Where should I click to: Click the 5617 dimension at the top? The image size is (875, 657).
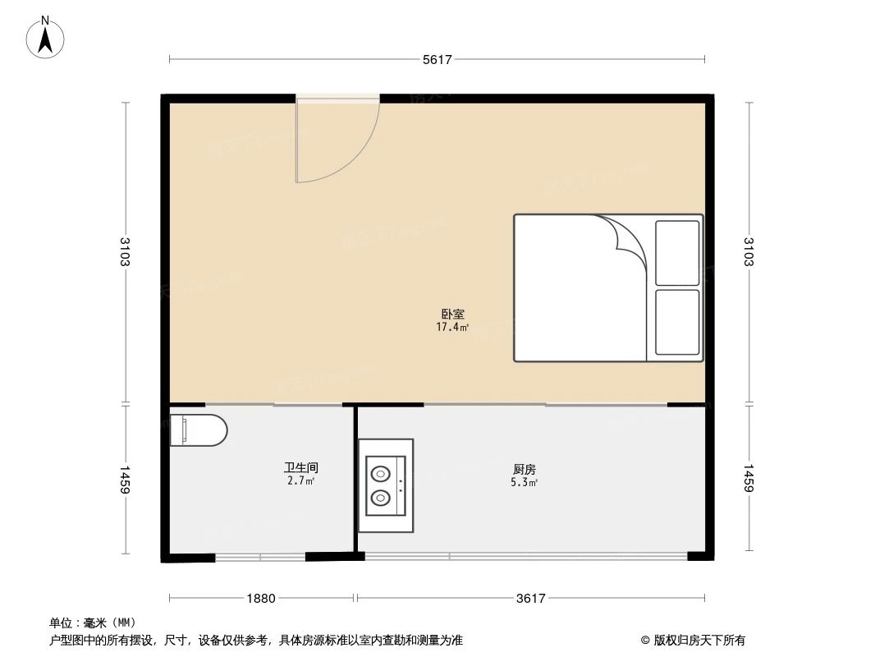(x=438, y=59)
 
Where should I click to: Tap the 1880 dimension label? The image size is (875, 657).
(x=261, y=599)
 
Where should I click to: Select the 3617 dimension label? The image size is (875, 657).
(x=531, y=599)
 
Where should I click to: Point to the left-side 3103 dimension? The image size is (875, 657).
(x=125, y=251)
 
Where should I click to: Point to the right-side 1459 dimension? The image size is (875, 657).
(x=749, y=480)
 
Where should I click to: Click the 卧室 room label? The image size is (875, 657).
(x=453, y=314)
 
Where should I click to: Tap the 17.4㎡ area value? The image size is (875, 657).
(x=453, y=327)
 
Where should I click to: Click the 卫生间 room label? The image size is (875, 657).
(x=301, y=467)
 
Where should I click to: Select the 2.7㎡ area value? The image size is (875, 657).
(x=301, y=480)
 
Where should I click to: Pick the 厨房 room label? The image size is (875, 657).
(x=525, y=469)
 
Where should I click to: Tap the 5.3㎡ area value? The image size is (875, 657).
(x=525, y=482)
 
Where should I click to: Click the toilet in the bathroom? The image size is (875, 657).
(x=199, y=430)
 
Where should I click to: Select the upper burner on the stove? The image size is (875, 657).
(x=380, y=473)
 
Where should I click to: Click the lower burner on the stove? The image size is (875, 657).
(x=380, y=496)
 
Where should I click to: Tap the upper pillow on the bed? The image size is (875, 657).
(x=677, y=251)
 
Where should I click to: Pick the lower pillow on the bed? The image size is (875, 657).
(x=677, y=322)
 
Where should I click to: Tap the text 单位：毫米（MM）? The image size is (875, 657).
(x=92, y=623)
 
